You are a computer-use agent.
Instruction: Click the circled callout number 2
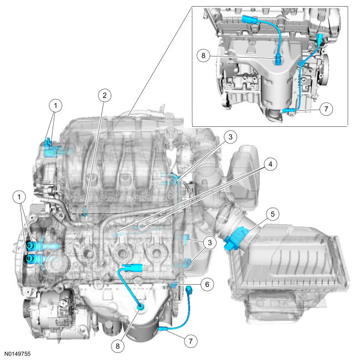tap(103, 95)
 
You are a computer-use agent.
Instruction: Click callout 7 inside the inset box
tap(326, 109)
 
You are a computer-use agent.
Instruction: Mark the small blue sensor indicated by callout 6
tap(174, 285)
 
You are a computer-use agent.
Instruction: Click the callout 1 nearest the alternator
tap(20, 197)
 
